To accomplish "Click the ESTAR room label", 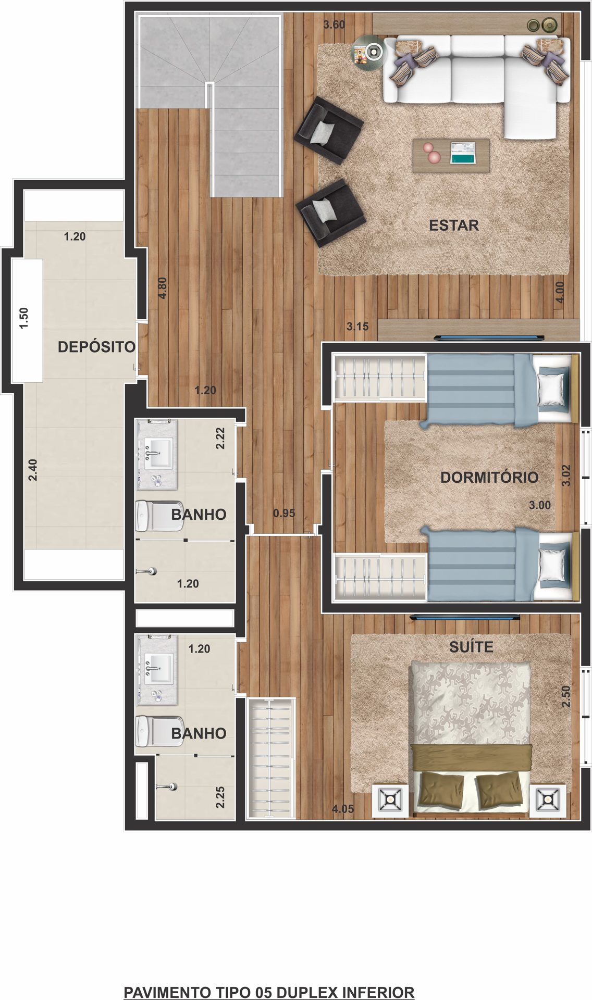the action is coord(453,226).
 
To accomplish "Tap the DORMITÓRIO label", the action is coord(489,477).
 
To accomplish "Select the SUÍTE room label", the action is coord(471,647).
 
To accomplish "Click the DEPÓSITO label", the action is coord(96,347).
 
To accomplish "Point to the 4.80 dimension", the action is coord(162,287).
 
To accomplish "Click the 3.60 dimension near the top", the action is coord(334,24).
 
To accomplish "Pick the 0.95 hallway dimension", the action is coord(284,513).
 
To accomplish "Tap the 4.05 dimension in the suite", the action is coord(343,809).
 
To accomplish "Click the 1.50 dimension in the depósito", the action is coord(23,318).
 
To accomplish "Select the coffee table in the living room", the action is coord(451,155).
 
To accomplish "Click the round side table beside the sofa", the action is coord(371,51).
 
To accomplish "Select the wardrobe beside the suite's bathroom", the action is coord(271,758).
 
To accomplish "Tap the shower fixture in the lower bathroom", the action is coord(166,786).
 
